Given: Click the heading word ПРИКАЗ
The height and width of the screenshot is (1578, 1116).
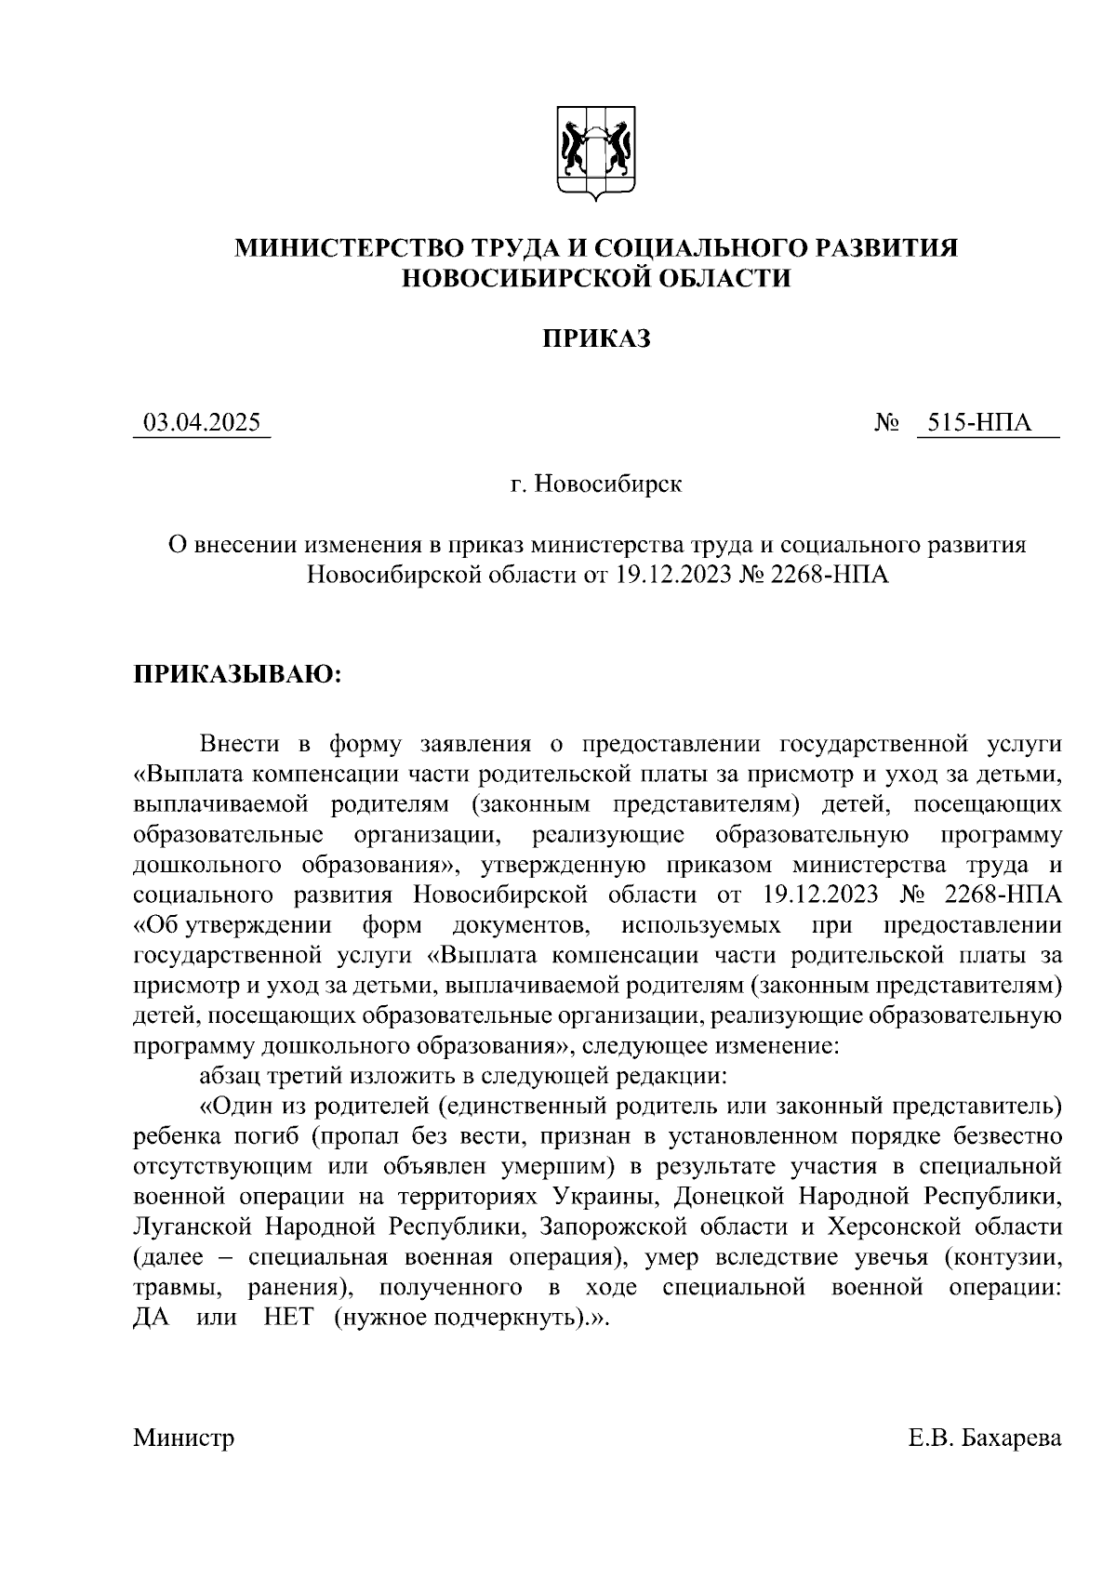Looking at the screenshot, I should coord(596,338).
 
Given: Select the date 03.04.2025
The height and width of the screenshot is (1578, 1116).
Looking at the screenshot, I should coord(201,423).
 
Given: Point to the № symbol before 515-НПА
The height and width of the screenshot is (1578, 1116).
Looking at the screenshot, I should coord(886,423).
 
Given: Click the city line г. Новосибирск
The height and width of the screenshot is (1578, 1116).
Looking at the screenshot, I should coord(596,484).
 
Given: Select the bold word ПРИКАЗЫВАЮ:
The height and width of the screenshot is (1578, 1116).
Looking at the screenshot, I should coord(238,673).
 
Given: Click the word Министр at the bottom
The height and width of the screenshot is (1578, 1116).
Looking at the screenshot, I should coord(183,1439).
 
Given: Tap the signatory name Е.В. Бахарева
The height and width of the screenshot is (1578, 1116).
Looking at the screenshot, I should coord(985,1439).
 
